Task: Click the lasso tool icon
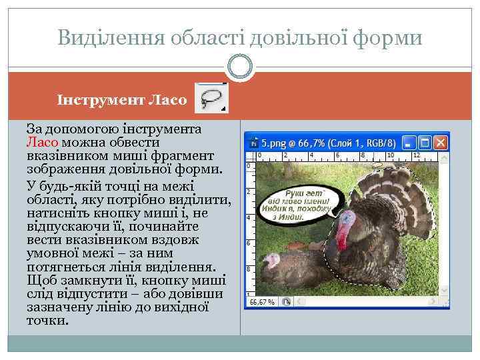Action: coord(211,97)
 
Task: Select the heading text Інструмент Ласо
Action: coord(123,100)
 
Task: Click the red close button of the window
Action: coord(440,143)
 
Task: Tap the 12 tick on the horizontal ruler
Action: coord(417,155)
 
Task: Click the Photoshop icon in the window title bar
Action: coord(253,143)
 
